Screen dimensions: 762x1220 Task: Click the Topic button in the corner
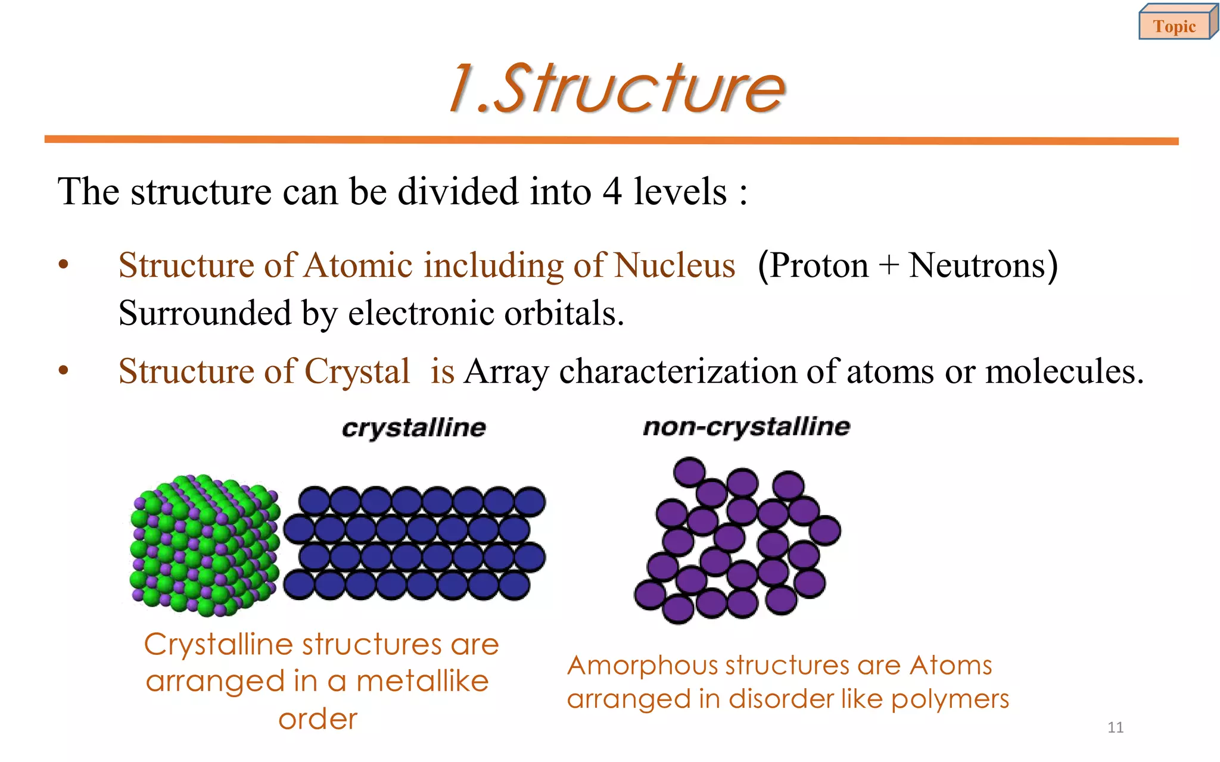[x=1175, y=26]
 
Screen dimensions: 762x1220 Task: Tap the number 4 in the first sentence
[x=612, y=192]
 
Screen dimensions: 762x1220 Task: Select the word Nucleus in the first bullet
[x=674, y=265]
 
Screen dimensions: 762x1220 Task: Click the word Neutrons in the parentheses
[x=978, y=265]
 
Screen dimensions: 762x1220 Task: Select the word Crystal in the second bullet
[x=357, y=371]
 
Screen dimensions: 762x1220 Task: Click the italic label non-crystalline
[x=746, y=427]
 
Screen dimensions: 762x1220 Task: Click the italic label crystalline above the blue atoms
[x=414, y=428]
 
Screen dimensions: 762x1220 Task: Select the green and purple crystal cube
[x=204, y=545]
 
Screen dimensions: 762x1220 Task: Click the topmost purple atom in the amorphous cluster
[x=689, y=472]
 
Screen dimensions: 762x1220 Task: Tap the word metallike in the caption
[x=422, y=681]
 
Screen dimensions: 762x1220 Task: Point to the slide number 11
[x=1115, y=727]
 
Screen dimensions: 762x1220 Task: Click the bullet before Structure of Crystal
[x=64, y=371]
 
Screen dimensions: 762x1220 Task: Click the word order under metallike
[x=318, y=719]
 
